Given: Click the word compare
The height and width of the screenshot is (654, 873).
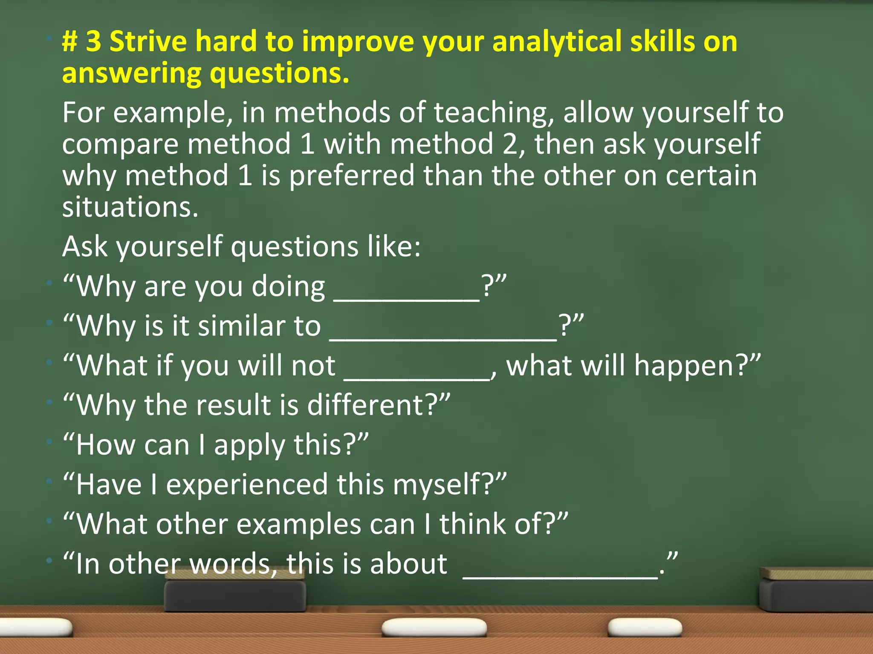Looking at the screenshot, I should coord(120,145).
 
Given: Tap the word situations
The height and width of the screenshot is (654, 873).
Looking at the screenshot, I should coord(130,207).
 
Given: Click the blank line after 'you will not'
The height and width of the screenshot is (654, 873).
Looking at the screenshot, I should coord(417,377).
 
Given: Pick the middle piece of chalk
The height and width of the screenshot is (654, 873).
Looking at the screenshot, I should coord(434,627).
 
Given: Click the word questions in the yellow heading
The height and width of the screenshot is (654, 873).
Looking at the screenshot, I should coord(279,73).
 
